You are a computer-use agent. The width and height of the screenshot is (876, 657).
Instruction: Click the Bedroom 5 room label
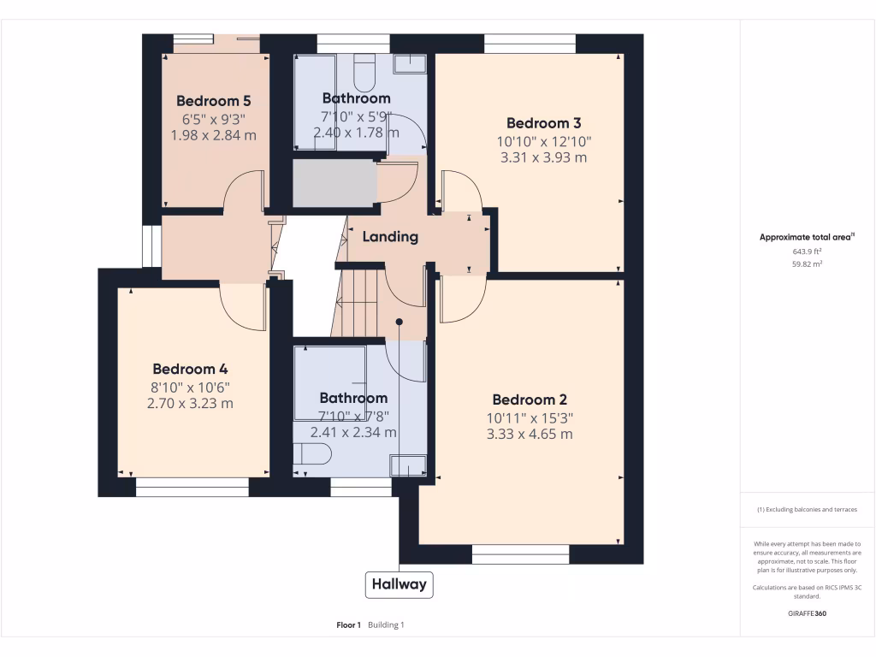coord(213,101)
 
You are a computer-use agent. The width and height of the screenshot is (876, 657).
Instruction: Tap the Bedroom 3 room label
coord(543,123)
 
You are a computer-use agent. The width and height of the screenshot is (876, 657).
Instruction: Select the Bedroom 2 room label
coord(530,400)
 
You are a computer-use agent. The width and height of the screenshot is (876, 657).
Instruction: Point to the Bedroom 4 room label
coord(190,369)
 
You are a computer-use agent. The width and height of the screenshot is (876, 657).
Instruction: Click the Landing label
coord(390,237)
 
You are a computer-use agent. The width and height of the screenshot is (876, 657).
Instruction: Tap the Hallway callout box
coord(399,584)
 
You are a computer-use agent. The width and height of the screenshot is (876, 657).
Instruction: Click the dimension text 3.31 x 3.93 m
coord(543,157)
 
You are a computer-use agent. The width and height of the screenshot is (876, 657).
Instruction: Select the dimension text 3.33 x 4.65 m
coord(530,434)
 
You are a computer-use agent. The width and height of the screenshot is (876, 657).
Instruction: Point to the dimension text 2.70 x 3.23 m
coord(190,404)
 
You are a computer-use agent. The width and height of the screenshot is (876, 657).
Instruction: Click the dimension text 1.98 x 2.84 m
coord(213,135)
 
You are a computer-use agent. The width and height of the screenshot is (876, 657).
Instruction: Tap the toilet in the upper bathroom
coord(364,72)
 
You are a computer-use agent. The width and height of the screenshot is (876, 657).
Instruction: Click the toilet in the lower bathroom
coord(311,453)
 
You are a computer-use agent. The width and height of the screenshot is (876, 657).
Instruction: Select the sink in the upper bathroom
coord(410,63)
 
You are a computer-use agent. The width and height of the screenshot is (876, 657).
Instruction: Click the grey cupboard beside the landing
coord(334,183)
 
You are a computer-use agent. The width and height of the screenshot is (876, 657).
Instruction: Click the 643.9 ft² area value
coord(807,252)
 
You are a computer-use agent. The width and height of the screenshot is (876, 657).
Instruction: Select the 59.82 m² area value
coord(807,263)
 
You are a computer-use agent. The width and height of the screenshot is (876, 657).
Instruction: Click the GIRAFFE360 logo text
coord(807,613)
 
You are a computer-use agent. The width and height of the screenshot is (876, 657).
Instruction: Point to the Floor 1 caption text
coord(349,625)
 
